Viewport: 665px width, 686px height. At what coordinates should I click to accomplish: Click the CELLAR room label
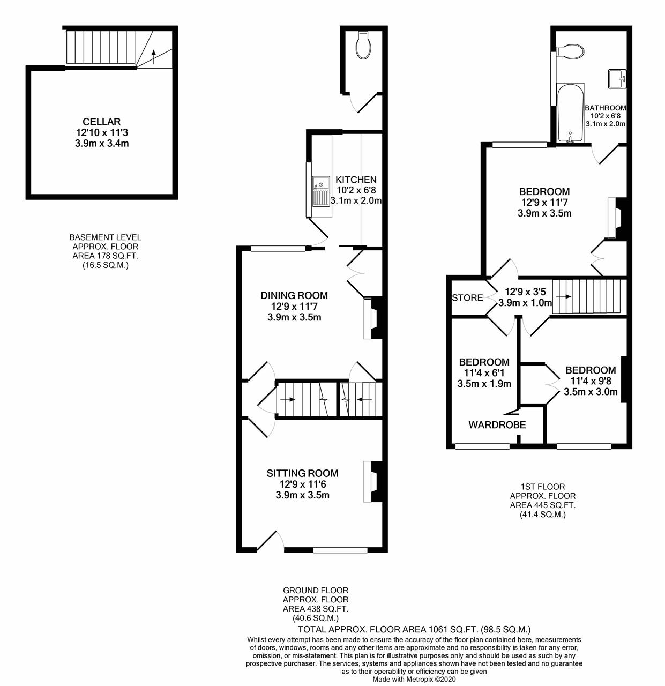(x=102, y=122)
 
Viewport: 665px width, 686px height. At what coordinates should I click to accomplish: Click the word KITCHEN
(x=356, y=180)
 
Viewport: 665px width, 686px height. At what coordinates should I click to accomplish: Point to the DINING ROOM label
(x=294, y=295)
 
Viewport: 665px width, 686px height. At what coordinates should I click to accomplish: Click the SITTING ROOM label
(x=302, y=473)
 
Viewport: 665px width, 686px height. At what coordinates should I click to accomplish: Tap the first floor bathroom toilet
(x=571, y=51)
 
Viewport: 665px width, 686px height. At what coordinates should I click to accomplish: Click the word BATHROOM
(x=606, y=108)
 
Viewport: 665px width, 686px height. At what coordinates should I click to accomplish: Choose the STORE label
(x=467, y=298)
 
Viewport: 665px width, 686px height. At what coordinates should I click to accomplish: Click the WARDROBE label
(x=497, y=425)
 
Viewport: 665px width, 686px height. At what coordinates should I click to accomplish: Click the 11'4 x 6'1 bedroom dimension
(x=484, y=373)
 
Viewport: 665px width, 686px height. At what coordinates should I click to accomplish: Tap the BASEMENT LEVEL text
(x=105, y=237)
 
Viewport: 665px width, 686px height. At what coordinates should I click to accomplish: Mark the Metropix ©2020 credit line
(x=414, y=678)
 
